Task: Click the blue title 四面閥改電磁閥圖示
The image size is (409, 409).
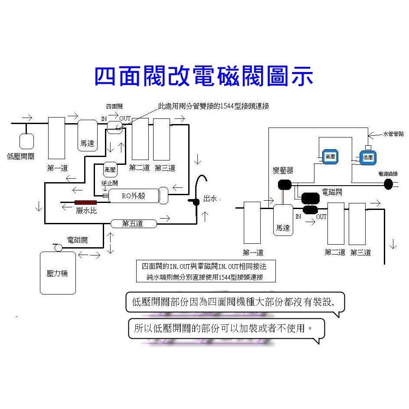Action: (203, 76)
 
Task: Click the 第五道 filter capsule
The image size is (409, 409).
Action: (133, 224)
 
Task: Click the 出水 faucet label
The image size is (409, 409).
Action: (211, 199)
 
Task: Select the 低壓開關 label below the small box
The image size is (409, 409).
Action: (21, 156)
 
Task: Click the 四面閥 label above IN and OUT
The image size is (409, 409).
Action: (115, 106)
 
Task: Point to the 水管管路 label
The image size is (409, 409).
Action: (393, 134)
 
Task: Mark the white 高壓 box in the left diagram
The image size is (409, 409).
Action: (109, 169)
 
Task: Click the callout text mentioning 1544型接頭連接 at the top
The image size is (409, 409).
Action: (213, 106)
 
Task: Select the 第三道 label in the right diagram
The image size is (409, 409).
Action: (360, 252)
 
